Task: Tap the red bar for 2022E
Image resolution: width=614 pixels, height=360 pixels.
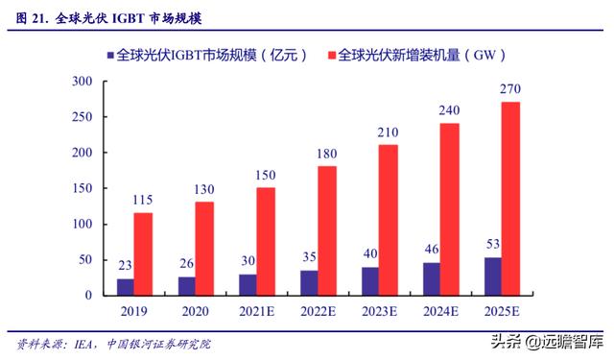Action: [x=326, y=230]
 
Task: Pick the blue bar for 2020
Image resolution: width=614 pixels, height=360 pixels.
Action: [x=185, y=286]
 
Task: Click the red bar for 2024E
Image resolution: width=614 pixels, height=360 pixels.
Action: [x=449, y=209]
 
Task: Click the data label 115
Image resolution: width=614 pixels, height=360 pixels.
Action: [x=142, y=201]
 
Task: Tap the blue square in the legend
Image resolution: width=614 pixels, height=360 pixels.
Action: [x=111, y=56]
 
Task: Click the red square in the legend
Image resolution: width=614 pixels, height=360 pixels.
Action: [x=330, y=56]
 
